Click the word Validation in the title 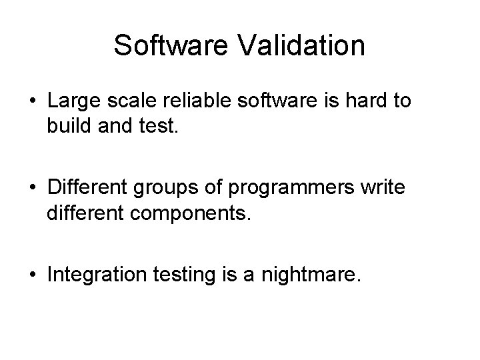(301, 45)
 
